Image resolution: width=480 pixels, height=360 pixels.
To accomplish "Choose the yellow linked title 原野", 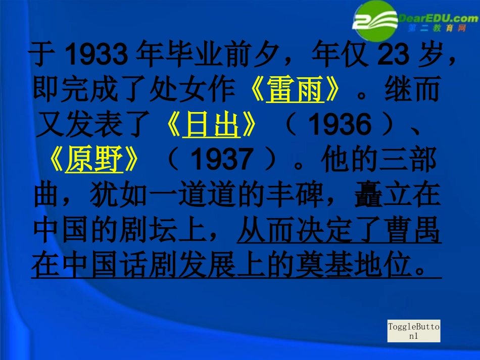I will [94, 160].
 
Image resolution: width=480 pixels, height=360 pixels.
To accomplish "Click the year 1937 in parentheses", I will [222, 161].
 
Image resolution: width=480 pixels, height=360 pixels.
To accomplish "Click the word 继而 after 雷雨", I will [412, 90].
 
